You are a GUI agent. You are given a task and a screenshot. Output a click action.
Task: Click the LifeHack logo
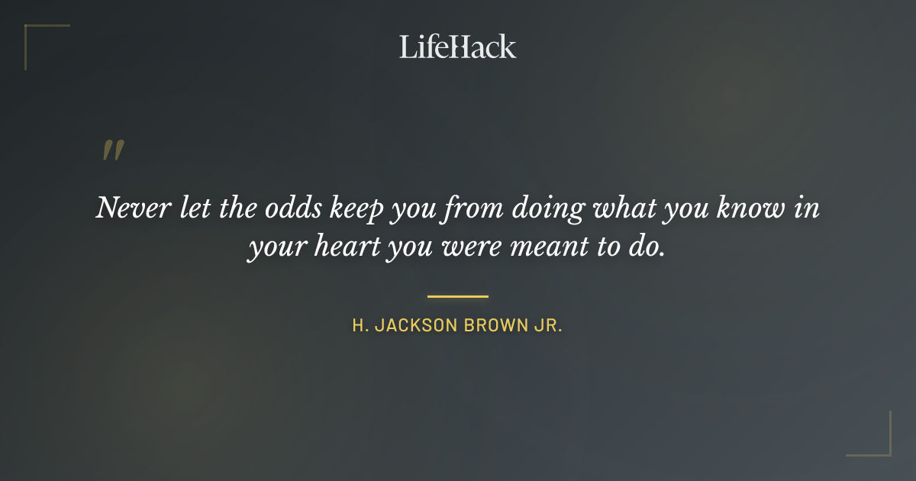click(x=457, y=47)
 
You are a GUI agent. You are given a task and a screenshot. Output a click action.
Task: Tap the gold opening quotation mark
click(x=113, y=150)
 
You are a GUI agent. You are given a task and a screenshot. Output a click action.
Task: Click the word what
click(x=614, y=208)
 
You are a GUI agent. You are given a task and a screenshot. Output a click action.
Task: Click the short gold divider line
click(x=458, y=296)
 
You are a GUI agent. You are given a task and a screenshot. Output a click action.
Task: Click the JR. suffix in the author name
click(x=548, y=325)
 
